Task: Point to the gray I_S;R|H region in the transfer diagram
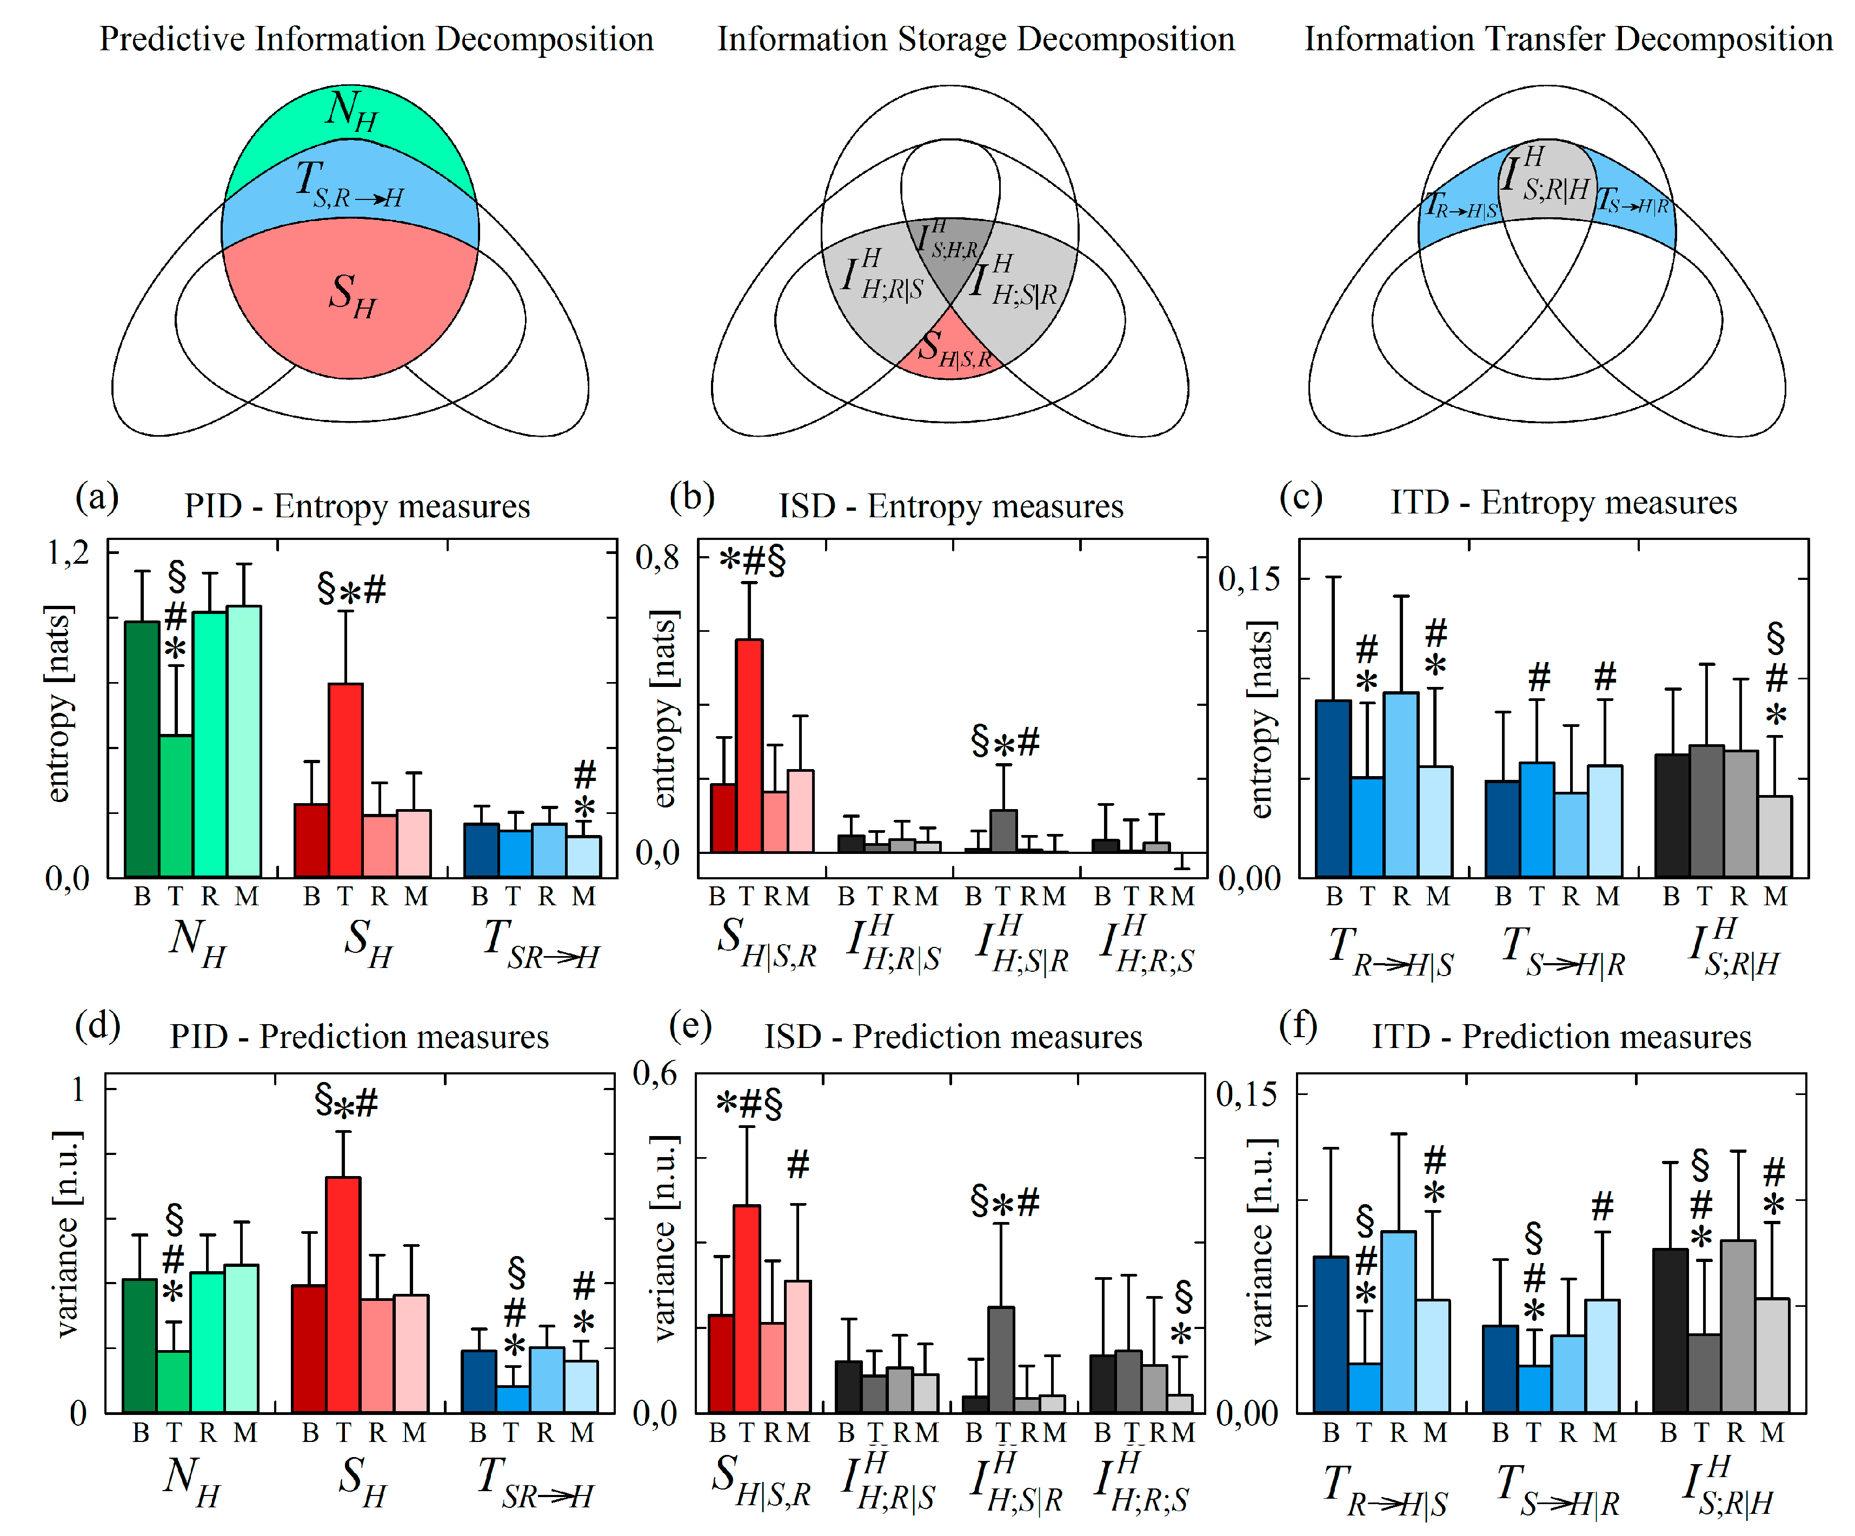1547,181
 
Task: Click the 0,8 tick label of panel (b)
657,557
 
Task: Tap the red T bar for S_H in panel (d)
343,1294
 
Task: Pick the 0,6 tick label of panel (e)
655,1073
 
